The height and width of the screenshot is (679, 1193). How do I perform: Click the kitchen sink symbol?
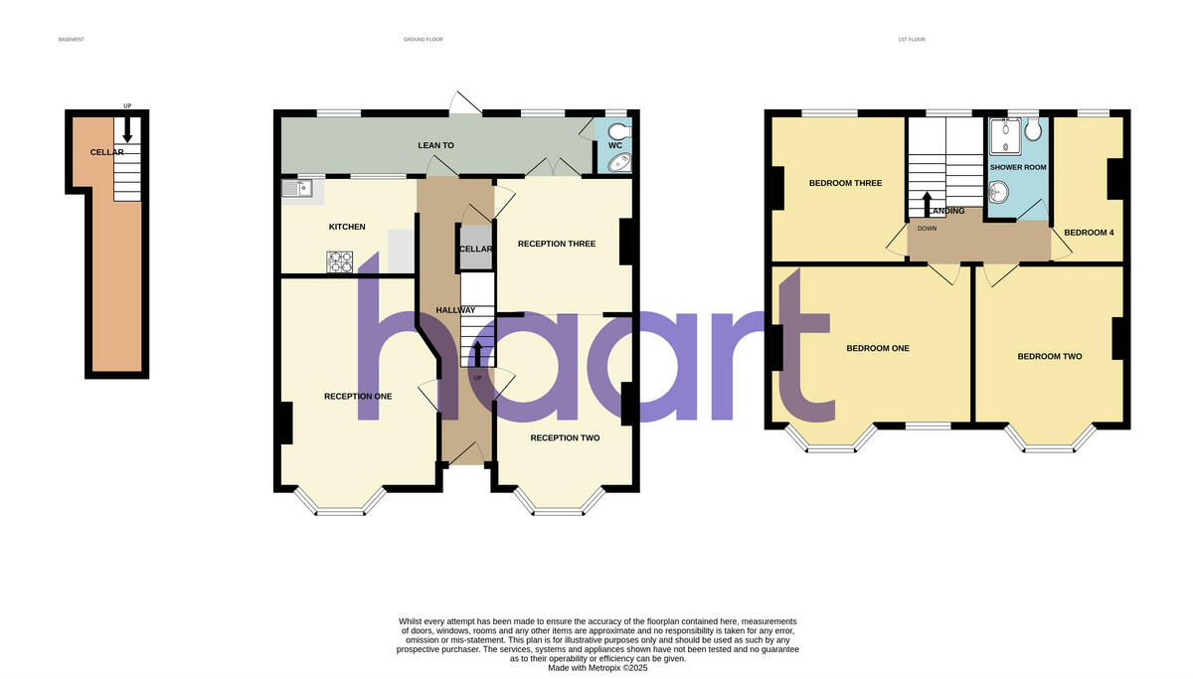coord(297,187)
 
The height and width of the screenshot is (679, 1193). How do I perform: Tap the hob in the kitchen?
coord(340,261)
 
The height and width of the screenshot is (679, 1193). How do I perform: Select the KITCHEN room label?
coord(347,227)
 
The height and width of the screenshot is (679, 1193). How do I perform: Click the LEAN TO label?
coord(435,145)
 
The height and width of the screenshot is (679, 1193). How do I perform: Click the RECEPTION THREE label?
coord(557,244)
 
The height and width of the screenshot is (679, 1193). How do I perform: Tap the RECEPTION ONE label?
coord(358,396)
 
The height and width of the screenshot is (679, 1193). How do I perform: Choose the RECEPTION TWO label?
coord(565,437)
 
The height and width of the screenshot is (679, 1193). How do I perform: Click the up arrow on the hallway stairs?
coord(477,353)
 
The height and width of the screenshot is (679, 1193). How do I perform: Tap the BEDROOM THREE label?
coord(845,183)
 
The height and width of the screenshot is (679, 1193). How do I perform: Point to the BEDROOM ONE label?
coord(878,348)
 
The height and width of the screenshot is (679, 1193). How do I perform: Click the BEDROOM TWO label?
coord(1049,356)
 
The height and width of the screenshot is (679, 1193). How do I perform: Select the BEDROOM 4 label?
coord(1089,233)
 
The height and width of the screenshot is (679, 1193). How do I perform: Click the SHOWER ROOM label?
coord(1018,167)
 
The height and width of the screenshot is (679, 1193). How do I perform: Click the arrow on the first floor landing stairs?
coord(927,201)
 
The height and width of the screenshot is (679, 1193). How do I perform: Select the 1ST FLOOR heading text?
coord(911,40)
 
